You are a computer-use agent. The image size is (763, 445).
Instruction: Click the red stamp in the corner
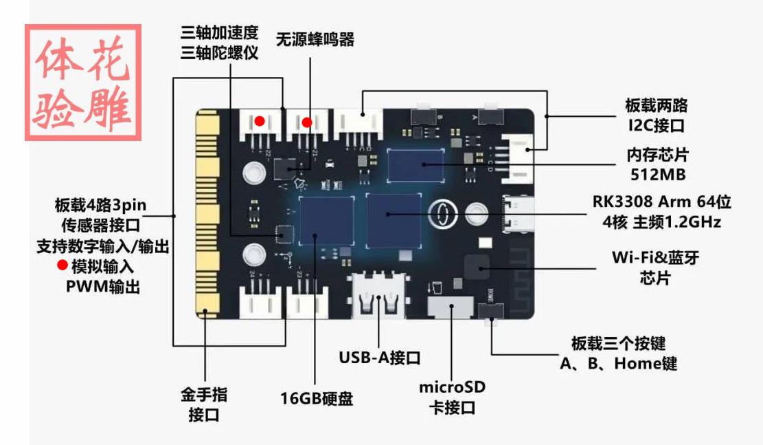coord(83,83)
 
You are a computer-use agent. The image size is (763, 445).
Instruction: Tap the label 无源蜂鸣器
coord(315,39)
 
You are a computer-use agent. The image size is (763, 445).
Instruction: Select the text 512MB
coord(658,175)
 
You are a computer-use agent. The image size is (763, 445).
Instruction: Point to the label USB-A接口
coord(380,358)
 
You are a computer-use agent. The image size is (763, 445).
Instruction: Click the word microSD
coord(452,387)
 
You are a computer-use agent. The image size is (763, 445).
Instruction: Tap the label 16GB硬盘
coord(317,399)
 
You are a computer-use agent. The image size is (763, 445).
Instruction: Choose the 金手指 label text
coord(204,394)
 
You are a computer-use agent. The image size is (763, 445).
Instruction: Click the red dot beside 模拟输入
coord(62,265)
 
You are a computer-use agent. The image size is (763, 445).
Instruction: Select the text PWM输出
coord(103,287)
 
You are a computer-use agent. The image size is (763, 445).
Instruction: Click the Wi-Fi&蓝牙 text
coord(655,257)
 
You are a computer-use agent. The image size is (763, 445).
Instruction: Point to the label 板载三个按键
coord(619,343)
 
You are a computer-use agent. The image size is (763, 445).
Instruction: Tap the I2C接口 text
coord(656,126)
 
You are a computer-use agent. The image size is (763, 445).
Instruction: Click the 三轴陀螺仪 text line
coord(219,53)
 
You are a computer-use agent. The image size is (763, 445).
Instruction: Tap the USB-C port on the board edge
coord(519,215)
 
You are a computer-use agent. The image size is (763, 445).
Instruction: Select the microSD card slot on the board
coord(450,307)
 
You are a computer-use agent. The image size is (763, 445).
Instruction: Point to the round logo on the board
coord(443,214)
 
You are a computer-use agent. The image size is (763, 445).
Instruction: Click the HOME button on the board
coord(492,311)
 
